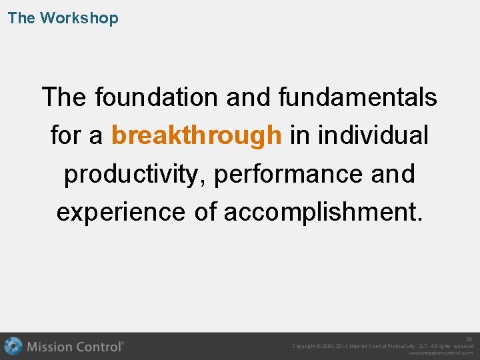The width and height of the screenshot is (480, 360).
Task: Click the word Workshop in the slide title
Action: coord(79,18)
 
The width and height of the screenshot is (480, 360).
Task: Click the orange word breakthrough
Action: coord(196,135)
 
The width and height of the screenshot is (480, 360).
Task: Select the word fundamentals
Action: coord(358,97)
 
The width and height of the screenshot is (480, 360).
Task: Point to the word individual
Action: coord(373,135)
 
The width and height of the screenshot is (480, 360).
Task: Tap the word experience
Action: coord(121,212)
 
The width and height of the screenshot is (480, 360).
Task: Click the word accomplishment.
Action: coord(323,212)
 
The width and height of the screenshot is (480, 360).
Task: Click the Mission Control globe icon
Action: coord(13,346)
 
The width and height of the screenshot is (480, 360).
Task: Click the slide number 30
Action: coord(469,339)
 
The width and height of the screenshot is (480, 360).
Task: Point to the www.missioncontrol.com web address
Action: coord(441,353)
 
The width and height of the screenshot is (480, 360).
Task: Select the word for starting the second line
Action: coord(65,135)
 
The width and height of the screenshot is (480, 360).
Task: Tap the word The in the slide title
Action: coord(21,18)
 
